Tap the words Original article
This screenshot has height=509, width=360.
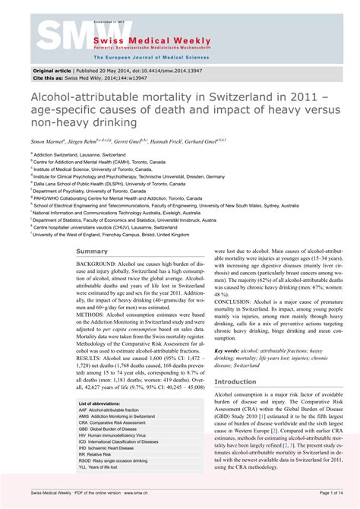point(52,69)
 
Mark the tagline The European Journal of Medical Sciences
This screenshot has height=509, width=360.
point(144,57)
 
